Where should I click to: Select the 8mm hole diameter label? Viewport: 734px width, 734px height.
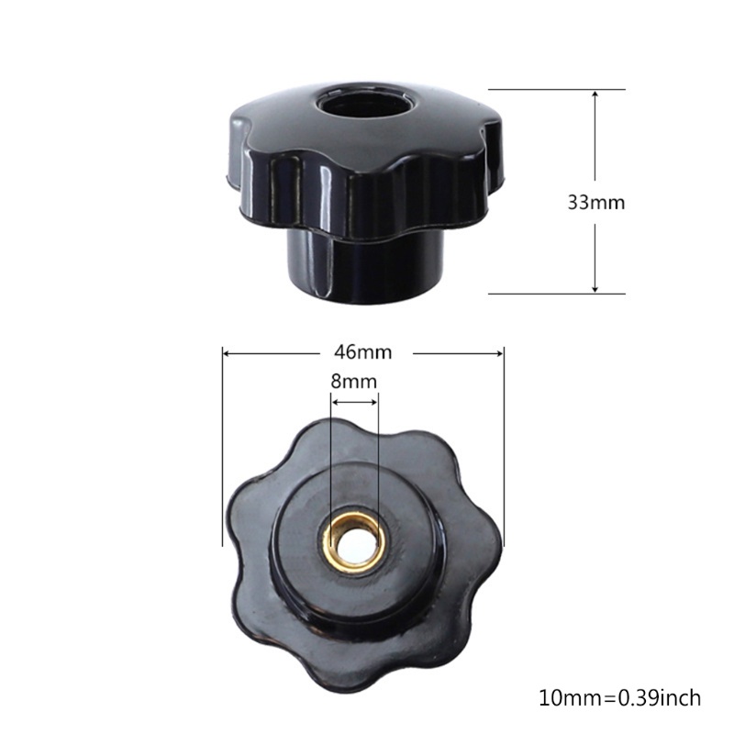pyautogui.click(x=354, y=381)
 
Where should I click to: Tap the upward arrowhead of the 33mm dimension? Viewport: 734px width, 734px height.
pyautogui.click(x=595, y=95)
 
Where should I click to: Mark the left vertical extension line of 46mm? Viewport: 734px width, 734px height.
pyautogui.click(x=222, y=440)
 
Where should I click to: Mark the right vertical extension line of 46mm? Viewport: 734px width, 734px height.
pyautogui.click(x=505, y=440)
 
